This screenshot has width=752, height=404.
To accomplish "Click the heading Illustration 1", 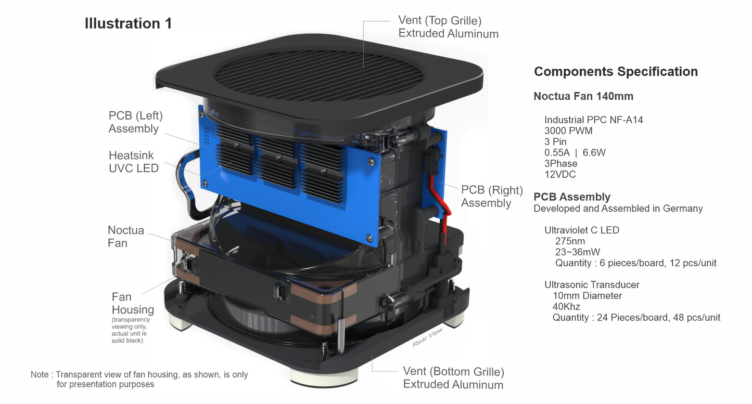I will click(128, 23).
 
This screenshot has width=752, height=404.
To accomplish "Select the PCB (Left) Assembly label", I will click(135, 122).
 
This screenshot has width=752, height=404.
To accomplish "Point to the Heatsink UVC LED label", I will click(134, 162).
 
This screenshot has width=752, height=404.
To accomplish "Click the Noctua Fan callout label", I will click(125, 237).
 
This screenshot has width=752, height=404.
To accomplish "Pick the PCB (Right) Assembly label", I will click(492, 197).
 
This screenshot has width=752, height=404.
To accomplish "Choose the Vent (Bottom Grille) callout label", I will click(453, 378).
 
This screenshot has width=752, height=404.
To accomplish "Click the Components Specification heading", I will click(616, 72).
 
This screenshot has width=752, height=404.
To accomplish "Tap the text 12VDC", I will click(560, 175).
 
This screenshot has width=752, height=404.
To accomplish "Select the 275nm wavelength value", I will click(570, 241).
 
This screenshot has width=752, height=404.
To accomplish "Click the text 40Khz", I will click(566, 307).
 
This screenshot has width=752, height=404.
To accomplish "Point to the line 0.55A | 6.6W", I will click(575, 152).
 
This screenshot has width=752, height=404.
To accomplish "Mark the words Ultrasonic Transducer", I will click(592, 285).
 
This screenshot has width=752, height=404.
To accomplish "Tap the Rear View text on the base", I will click(427, 337).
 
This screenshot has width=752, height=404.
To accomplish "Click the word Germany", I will click(683, 208).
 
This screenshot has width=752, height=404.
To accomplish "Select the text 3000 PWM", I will click(568, 131).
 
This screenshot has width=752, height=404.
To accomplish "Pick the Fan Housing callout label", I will click(132, 303).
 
